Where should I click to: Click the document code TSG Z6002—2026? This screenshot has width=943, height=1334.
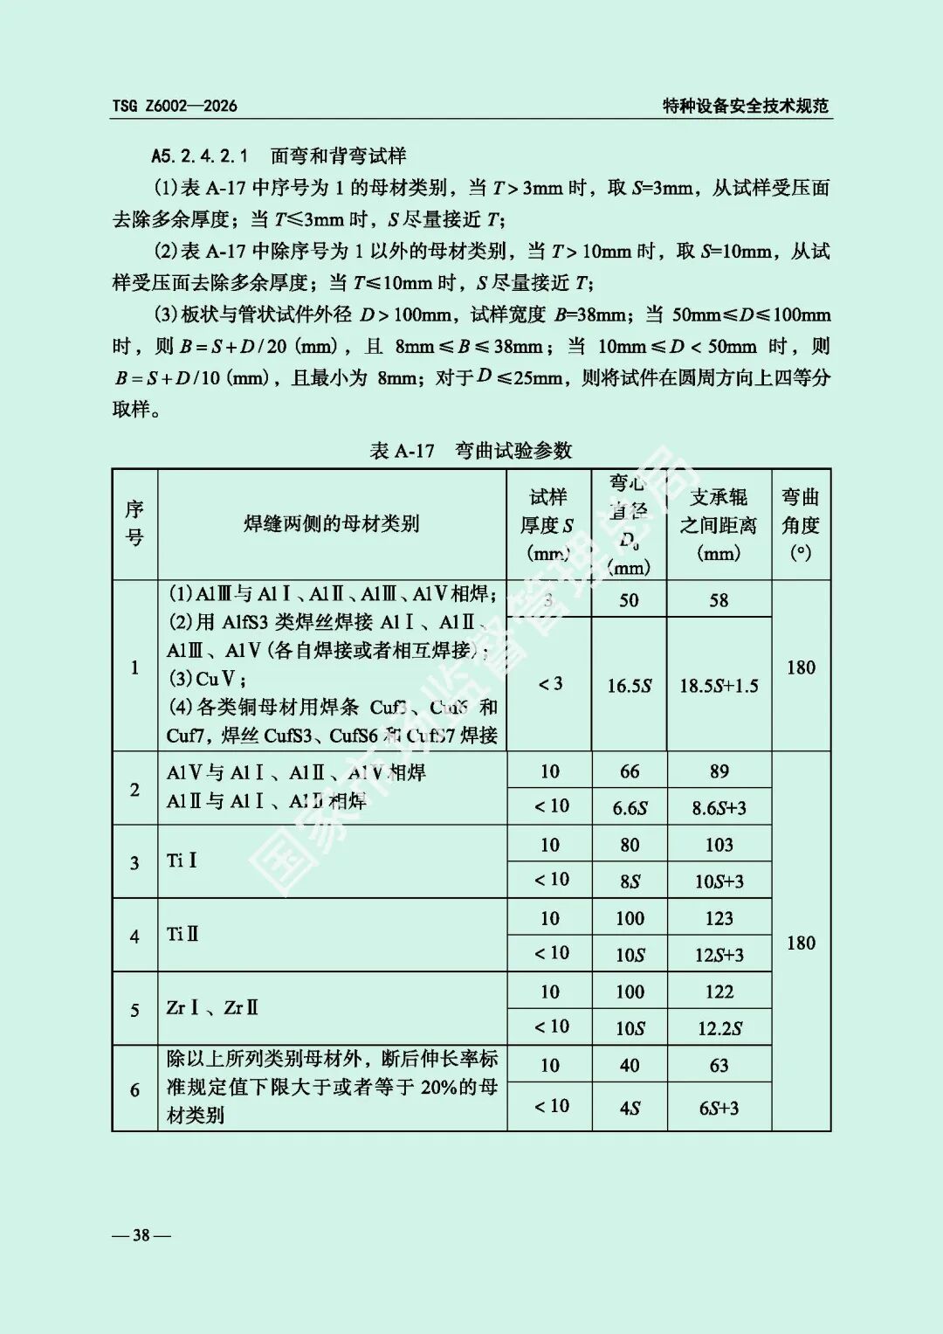coord(175,106)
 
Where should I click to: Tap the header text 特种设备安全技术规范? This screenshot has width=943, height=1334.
coord(745,106)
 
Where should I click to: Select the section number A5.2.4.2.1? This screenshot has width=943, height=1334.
coord(200,156)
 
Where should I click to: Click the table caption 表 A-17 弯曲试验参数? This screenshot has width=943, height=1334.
coord(471,451)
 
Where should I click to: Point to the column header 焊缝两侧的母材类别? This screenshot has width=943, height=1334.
coord(331,524)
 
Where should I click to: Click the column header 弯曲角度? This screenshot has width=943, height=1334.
coord(800,523)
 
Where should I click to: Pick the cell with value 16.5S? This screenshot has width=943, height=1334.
coord(629,686)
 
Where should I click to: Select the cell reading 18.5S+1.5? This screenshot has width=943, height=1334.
coord(719,686)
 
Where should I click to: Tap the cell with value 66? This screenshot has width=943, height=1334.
coord(629,771)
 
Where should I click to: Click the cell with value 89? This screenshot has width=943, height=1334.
coord(719,771)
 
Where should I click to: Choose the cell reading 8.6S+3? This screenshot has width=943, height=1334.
coord(719,808)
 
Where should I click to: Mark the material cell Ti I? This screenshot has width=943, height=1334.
coord(182,861)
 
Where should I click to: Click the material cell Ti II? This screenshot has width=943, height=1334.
coord(183,934)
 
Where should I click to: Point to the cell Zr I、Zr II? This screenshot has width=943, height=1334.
coord(212,1007)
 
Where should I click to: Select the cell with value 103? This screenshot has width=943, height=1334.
coord(719,845)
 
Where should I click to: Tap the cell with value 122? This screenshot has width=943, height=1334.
coord(719,992)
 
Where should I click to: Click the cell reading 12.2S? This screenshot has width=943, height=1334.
coord(719,1028)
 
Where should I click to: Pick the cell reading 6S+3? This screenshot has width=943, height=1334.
coord(719,1108)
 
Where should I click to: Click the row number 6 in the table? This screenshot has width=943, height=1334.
coord(134,1089)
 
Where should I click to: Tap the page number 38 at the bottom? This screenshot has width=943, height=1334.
coord(141,1234)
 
